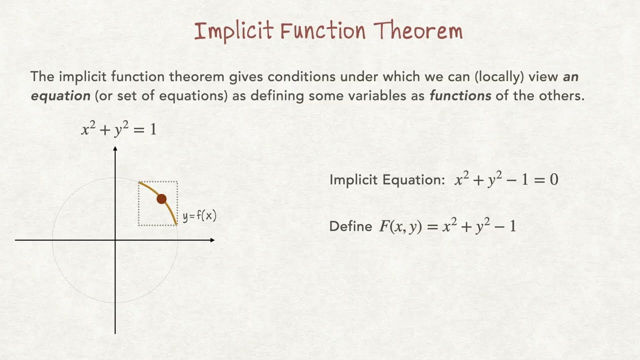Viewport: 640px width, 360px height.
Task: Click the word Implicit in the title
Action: point(233,31)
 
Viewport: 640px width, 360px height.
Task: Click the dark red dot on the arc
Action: point(161,199)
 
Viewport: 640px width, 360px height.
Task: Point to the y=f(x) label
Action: point(199,216)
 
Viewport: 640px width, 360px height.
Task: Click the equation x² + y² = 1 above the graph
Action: point(118,130)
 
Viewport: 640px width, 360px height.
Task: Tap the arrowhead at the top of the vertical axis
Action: point(115,149)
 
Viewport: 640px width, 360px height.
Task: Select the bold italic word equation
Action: point(60,96)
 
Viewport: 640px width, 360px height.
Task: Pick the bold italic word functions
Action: point(460,96)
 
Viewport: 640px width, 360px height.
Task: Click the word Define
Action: point(350,226)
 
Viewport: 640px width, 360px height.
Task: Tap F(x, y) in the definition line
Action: point(398,226)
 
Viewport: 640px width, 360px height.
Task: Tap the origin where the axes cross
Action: point(115,240)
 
